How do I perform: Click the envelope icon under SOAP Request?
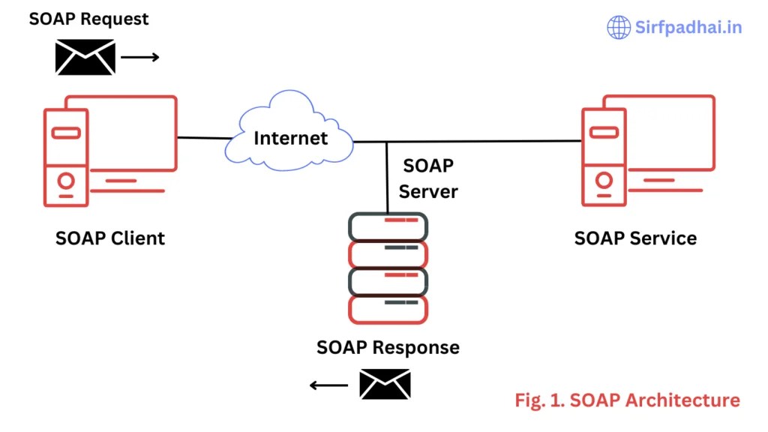(x=85, y=57)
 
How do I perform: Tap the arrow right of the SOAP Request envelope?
(x=140, y=57)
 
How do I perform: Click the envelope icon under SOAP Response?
(x=385, y=384)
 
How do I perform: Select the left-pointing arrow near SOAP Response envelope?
(x=329, y=385)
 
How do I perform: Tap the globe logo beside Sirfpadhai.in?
(x=619, y=27)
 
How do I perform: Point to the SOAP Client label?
(x=110, y=238)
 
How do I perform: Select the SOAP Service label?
(x=635, y=238)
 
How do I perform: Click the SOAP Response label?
(x=388, y=347)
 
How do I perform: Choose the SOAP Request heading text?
(x=88, y=19)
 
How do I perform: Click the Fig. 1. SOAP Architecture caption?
(x=627, y=400)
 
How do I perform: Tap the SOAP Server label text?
(x=428, y=178)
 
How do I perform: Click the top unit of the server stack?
(x=388, y=226)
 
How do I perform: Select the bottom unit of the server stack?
(x=388, y=309)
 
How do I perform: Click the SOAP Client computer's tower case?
(x=66, y=157)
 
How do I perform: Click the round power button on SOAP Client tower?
(x=66, y=181)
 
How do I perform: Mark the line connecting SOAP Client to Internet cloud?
(x=204, y=138)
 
